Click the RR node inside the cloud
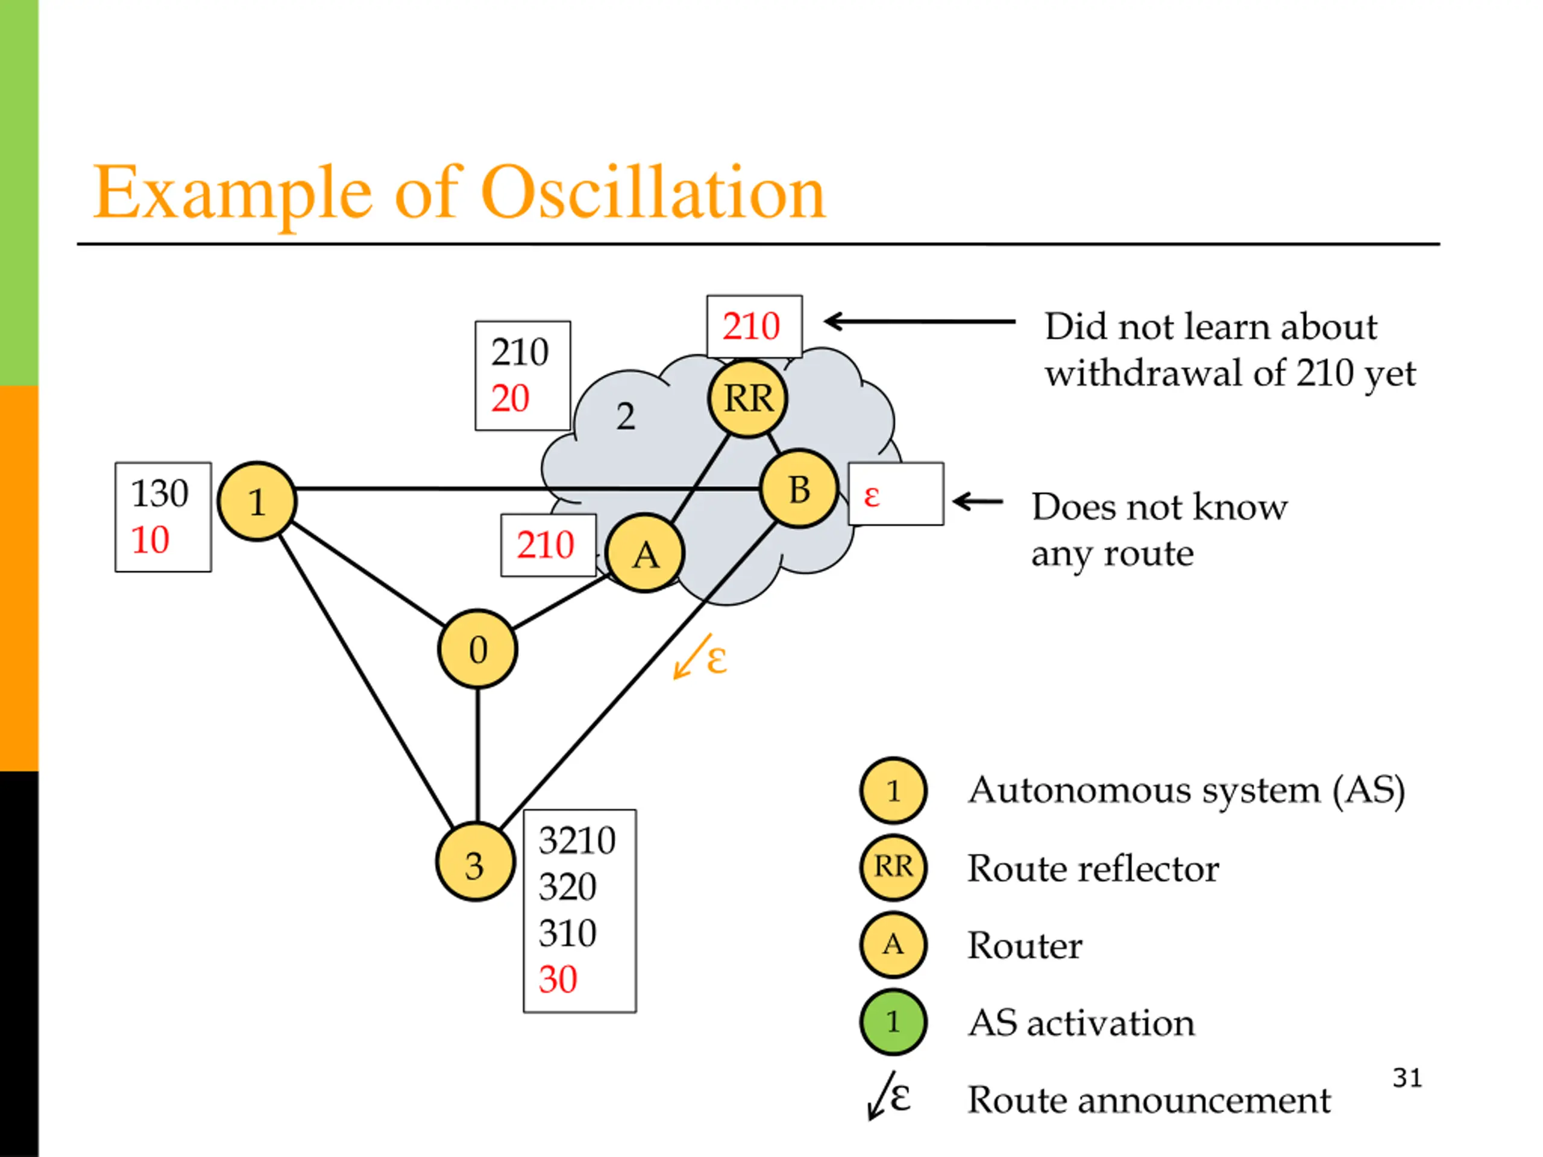click(x=748, y=399)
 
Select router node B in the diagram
click(x=799, y=489)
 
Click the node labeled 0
click(x=478, y=649)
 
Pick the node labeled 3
click(x=475, y=863)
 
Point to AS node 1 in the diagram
click(x=257, y=501)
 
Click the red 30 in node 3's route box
click(x=558, y=979)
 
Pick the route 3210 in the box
click(x=577, y=841)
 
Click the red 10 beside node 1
click(x=150, y=540)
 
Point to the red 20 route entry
click(x=510, y=398)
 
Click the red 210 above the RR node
click(x=751, y=325)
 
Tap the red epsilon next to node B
click(x=871, y=496)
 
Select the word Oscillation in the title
click(x=653, y=192)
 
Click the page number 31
click(x=1407, y=1078)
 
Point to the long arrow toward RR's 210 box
click(x=919, y=322)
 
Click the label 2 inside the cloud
click(x=626, y=416)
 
